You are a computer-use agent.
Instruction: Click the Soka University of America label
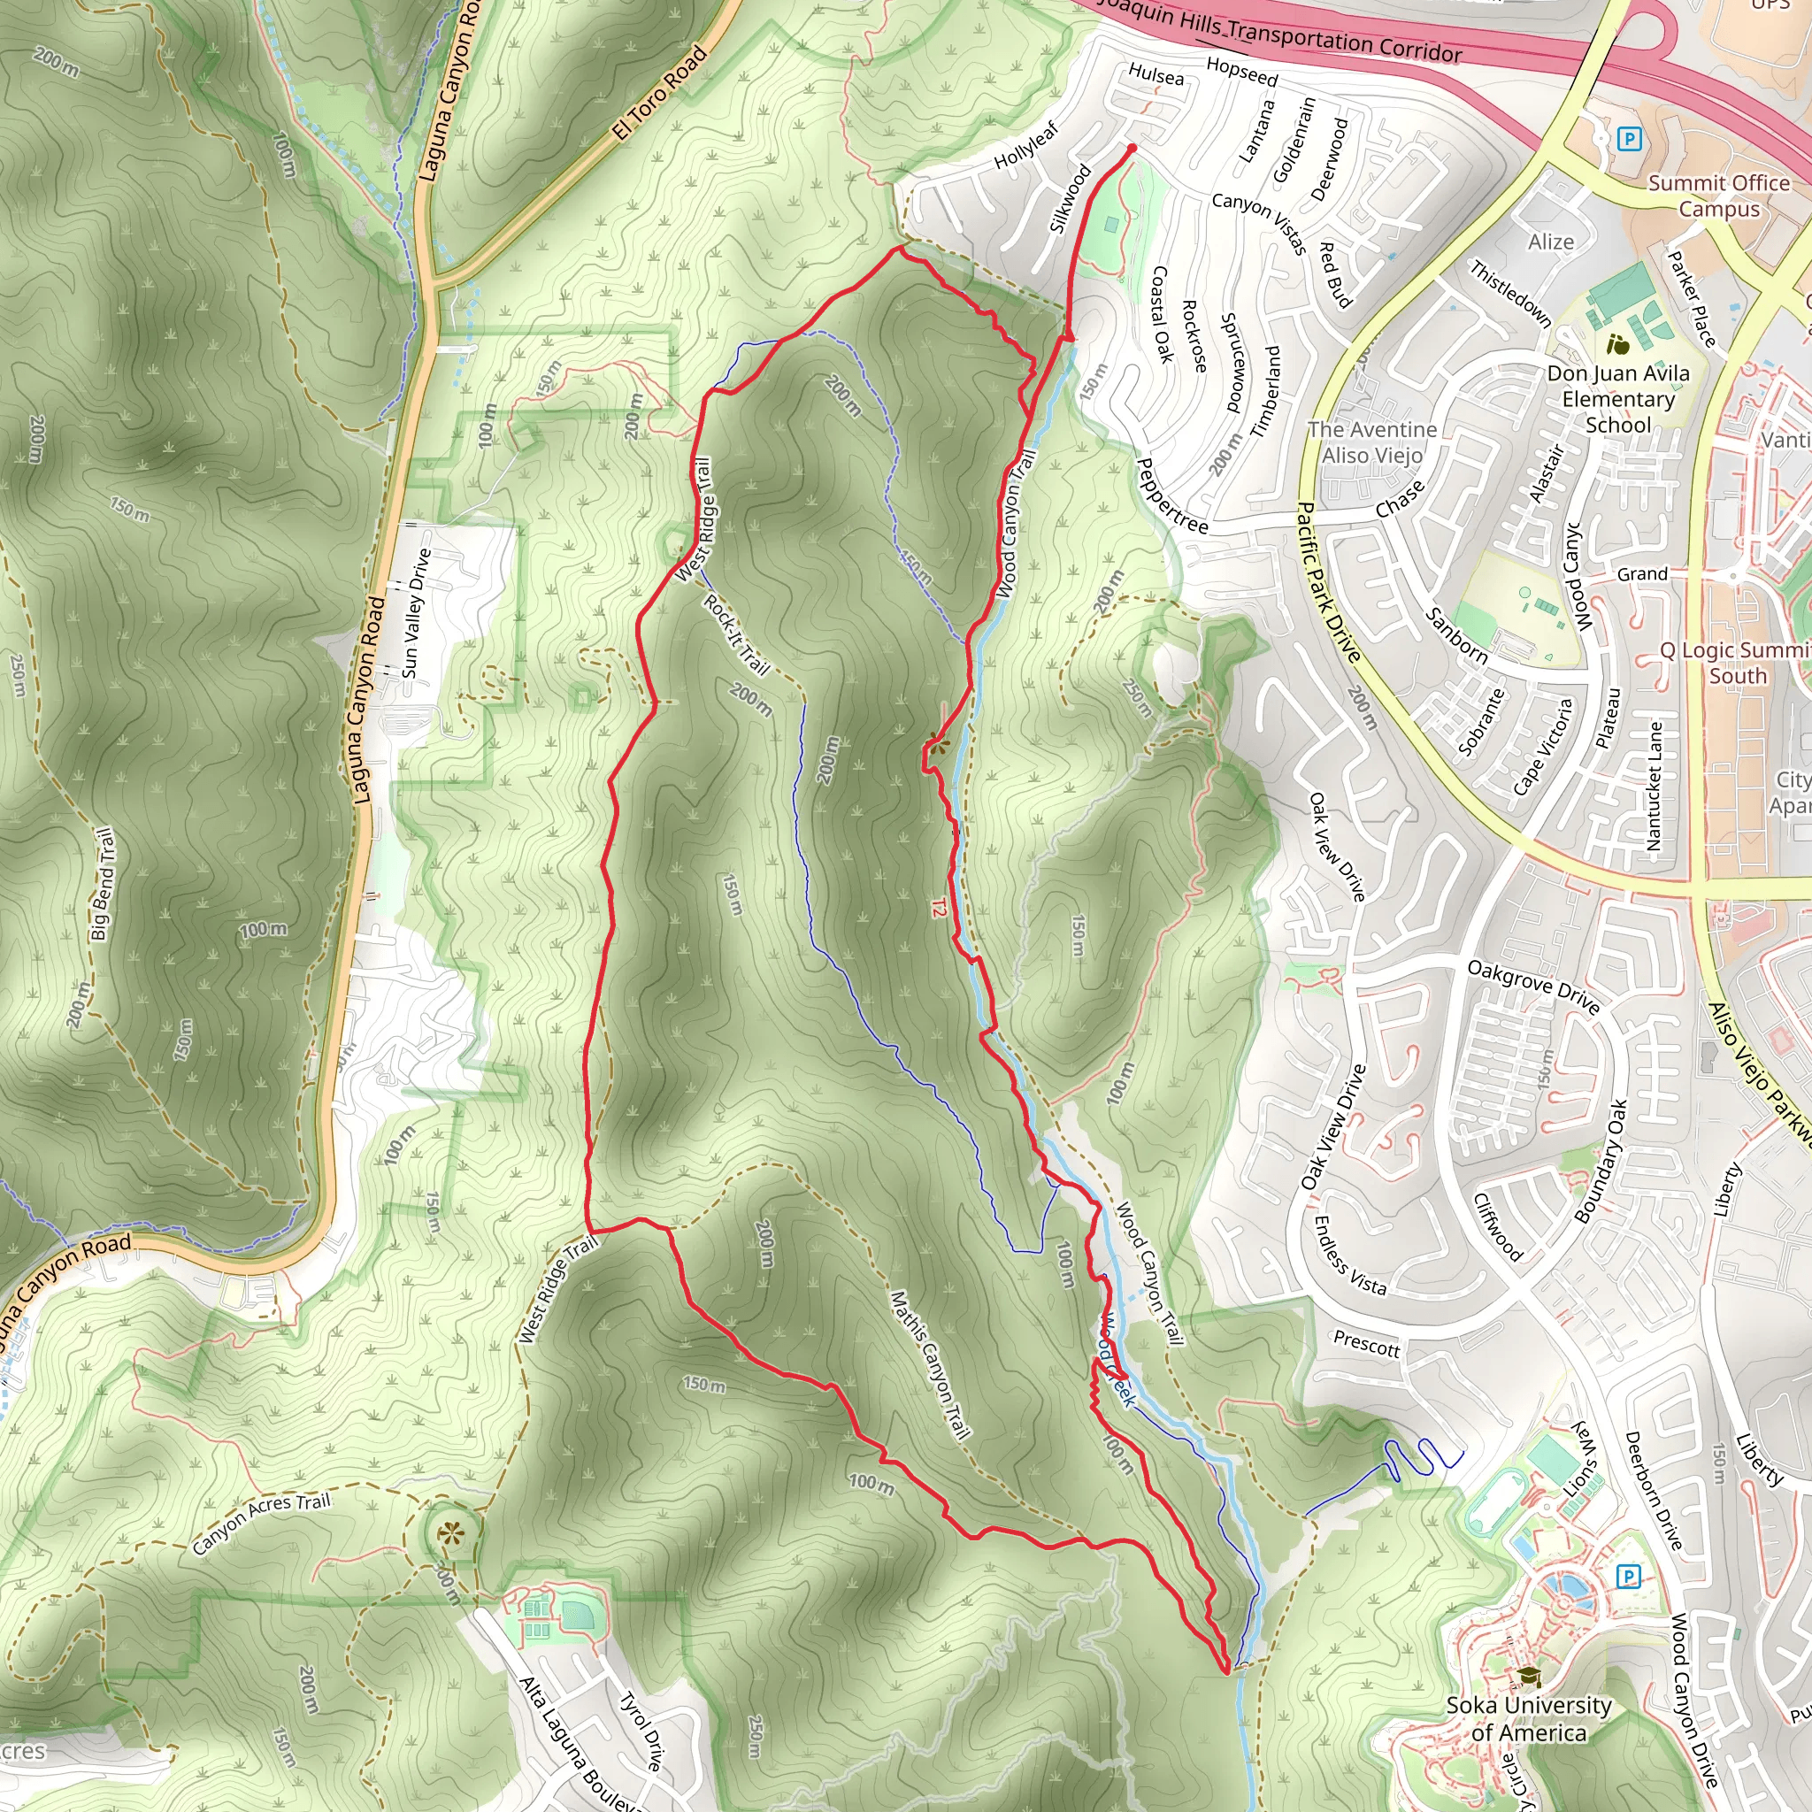1528,1718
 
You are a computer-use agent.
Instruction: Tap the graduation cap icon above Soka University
1529,1676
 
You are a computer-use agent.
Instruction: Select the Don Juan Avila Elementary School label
1618,399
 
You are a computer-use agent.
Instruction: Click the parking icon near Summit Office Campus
1629,140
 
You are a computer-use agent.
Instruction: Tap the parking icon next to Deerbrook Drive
1628,1577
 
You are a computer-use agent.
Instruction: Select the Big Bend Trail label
104,884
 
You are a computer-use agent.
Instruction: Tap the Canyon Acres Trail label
261,1524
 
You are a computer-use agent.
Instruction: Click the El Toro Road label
660,93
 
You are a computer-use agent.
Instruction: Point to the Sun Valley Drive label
417,613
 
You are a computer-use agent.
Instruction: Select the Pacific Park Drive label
1327,581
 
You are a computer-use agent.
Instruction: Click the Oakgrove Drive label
1532,986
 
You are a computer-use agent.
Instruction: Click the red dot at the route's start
1131,148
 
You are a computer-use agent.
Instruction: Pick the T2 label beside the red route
939,908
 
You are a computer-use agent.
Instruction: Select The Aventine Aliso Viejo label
1371,441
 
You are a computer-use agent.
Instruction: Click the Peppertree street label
1171,495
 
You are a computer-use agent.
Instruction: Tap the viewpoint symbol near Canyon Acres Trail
451,1534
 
